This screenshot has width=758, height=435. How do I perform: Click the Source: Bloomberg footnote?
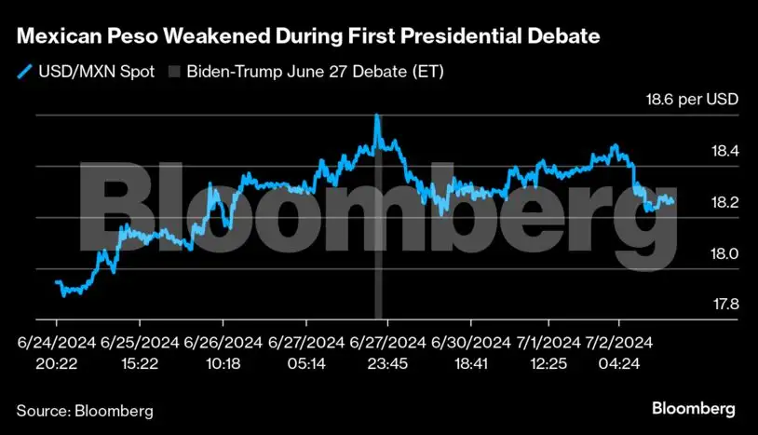point(85,410)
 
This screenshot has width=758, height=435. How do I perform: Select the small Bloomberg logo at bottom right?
point(693,408)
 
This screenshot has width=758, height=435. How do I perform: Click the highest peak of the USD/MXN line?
point(376,116)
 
